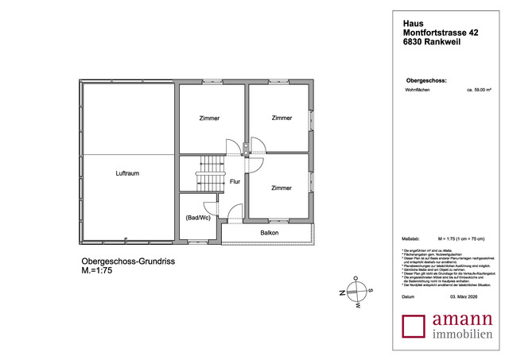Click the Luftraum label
127,173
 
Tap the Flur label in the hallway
235,182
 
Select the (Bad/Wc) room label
196,217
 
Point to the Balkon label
269,233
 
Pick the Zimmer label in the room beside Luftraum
209,118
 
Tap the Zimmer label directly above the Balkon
281,188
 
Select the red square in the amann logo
414,327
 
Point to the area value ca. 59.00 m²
482,91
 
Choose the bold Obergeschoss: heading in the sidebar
426,81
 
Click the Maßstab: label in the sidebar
411,238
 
